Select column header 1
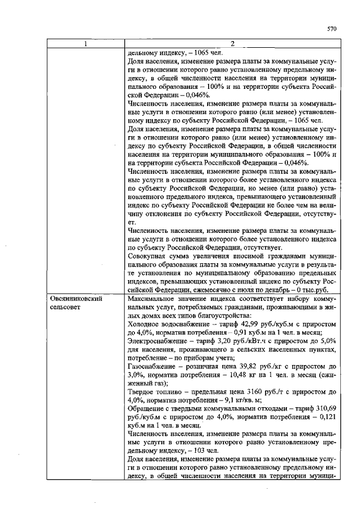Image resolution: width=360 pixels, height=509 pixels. pyautogui.click(x=87, y=44)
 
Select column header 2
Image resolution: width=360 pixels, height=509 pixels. pyautogui.click(x=232, y=44)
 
